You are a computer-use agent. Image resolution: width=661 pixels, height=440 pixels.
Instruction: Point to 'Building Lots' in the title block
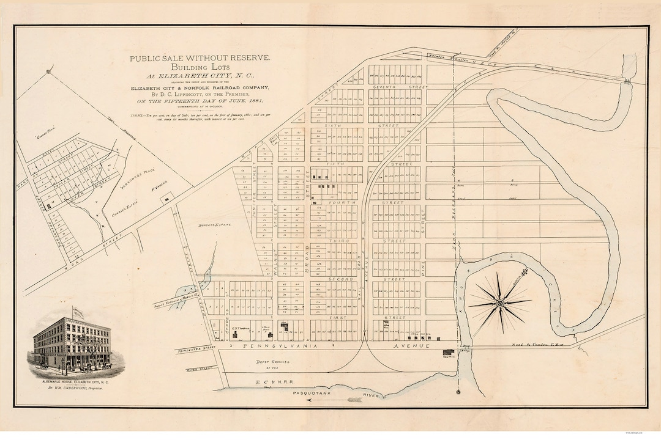tap(199, 67)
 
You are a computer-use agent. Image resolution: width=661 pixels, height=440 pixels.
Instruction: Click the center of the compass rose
tap(500, 302)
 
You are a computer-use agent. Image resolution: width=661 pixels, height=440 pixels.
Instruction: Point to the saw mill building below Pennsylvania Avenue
tap(449, 353)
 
